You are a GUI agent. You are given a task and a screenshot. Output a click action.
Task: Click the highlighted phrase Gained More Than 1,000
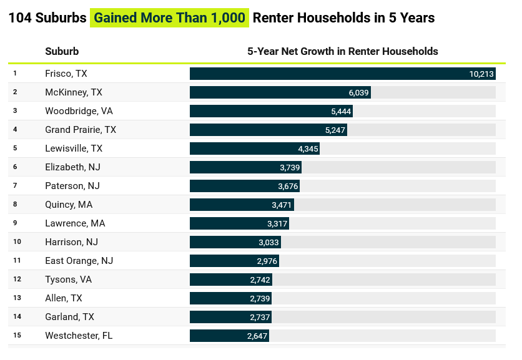pos(169,17)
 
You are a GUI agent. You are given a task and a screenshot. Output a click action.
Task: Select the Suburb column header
pos(62,51)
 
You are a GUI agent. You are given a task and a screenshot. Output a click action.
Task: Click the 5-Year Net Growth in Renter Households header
pos(343,51)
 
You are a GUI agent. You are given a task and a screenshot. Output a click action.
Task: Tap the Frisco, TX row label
pos(66,74)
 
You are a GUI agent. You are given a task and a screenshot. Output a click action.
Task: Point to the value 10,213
pos(481,74)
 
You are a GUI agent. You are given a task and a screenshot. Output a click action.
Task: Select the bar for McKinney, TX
pos(280,92)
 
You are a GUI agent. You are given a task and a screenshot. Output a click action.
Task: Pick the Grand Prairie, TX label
pos(81,130)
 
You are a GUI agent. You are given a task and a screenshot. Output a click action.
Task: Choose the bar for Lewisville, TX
pos(255,148)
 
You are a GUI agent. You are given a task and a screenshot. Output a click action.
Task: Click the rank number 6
pos(15,167)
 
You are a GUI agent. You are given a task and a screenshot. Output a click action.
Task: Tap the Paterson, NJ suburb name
pos(72,186)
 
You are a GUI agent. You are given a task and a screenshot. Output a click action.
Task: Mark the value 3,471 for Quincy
pos(282,205)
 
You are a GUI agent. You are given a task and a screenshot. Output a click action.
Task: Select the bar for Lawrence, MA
pos(239,223)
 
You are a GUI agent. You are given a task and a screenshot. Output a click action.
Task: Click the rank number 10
pos(17,242)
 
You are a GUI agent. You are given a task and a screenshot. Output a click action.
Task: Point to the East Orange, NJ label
pos(79,261)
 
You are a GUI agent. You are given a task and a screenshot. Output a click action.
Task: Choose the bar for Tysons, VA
pos(230,280)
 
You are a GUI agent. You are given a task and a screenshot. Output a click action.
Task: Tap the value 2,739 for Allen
pos(259,298)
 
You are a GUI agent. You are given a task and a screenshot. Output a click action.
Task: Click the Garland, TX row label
pos(69,317)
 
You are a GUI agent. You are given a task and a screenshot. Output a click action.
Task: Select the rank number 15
pos(17,336)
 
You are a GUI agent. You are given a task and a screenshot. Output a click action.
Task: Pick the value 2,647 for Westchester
pos(257,336)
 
